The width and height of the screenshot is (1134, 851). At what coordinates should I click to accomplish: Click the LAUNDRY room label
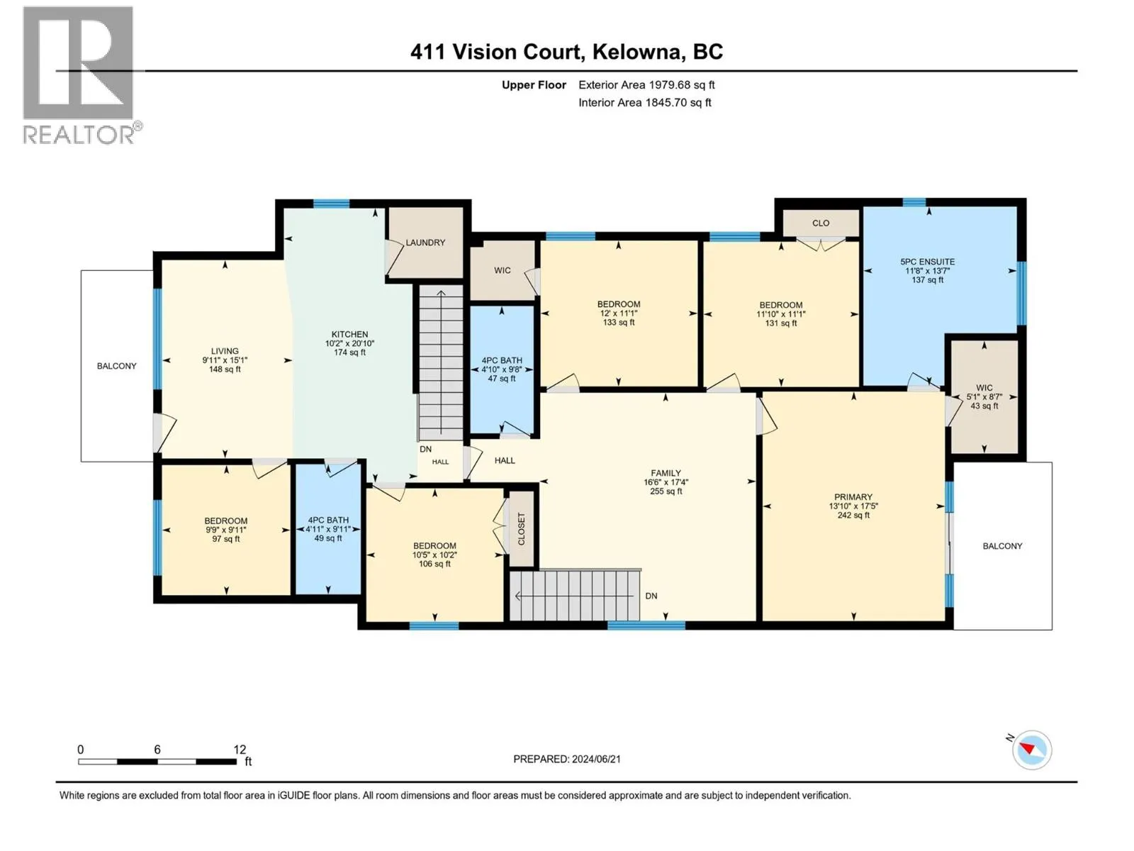click(x=425, y=243)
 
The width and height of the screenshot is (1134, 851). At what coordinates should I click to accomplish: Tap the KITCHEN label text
click(x=349, y=334)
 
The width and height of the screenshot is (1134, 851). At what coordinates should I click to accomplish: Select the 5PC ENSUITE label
click(x=927, y=262)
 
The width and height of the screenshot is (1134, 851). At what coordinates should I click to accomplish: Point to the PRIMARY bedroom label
click(x=853, y=497)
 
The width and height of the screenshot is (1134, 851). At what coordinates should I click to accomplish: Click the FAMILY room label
click(x=666, y=473)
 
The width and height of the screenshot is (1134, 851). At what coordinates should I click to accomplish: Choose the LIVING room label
click(x=225, y=351)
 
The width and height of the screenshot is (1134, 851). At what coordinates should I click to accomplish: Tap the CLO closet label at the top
click(x=821, y=223)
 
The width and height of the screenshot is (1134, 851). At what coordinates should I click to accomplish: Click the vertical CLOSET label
click(x=521, y=528)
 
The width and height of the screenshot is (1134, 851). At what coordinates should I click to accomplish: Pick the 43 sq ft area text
click(x=984, y=406)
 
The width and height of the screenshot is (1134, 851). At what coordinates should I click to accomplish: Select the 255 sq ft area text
click(x=666, y=491)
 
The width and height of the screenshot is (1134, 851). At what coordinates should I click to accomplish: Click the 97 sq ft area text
click(x=226, y=539)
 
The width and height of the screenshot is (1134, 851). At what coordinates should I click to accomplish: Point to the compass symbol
click(x=1032, y=750)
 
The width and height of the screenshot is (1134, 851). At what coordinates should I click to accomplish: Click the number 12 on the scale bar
click(x=240, y=749)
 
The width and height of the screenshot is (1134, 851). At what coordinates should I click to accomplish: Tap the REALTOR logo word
click(x=79, y=135)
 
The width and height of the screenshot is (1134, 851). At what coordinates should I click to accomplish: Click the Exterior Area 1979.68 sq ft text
click(x=646, y=85)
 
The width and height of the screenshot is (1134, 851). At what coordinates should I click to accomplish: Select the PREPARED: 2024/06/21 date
click(x=567, y=759)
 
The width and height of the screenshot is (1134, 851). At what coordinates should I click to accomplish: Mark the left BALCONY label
click(x=117, y=367)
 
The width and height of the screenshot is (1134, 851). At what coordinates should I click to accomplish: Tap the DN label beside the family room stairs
click(x=651, y=596)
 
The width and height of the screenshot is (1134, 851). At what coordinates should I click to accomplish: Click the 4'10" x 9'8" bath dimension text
click(x=502, y=370)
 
